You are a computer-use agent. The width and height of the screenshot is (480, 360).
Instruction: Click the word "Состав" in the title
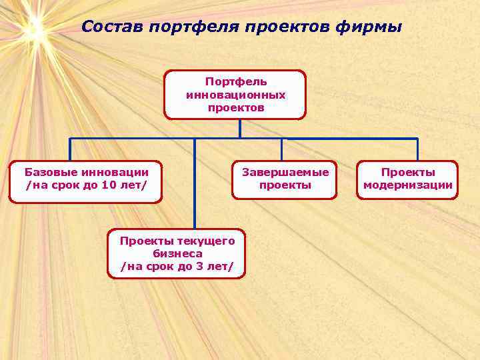click(x=113, y=27)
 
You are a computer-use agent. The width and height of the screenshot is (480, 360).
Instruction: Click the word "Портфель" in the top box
click(x=236, y=81)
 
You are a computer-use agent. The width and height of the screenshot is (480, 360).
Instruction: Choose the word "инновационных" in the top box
click(x=236, y=95)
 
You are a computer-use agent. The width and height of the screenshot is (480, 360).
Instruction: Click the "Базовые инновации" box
click(x=86, y=180)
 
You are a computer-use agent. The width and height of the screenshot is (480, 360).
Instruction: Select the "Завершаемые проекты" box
click(x=285, y=179)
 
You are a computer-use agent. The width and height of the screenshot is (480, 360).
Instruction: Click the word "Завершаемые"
click(x=285, y=173)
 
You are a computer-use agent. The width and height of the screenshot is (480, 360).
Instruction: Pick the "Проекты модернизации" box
click(x=407, y=179)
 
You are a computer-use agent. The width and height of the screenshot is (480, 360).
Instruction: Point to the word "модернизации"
click(x=407, y=185)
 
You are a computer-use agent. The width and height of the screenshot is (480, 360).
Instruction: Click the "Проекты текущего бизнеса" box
click(x=177, y=253)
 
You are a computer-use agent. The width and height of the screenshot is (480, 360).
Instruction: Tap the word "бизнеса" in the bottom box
click(x=177, y=254)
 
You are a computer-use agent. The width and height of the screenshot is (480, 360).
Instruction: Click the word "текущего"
click(x=207, y=241)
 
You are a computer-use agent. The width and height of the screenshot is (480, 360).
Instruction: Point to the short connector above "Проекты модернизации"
click(x=417, y=149)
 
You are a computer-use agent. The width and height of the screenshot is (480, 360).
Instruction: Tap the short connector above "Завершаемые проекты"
click(x=281, y=149)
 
